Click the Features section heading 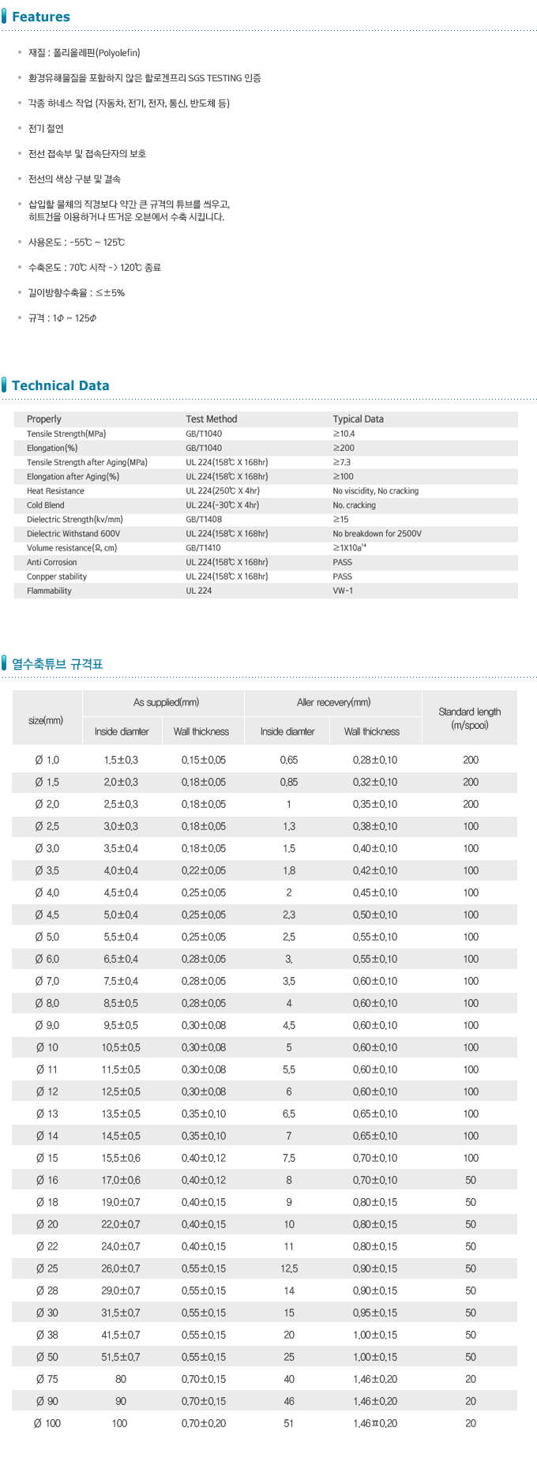point(40,17)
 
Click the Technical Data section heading point(60,385)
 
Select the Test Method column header point(211,419)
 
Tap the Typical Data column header point(358,419)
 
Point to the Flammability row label point(49,591)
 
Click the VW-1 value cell point(343,591)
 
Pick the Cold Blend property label point(46,505)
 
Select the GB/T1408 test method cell point(204,520)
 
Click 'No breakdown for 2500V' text point(377,534)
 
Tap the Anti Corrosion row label point(52,562)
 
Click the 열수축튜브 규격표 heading point(57,664)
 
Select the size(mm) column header point(46,720)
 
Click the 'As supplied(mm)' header point(166,702)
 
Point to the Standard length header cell point(469,718)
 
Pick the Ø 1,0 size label point(47,760)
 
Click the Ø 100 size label point(47,1423)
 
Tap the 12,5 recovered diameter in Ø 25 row point(289,1268)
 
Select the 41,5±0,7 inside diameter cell point(121,1335)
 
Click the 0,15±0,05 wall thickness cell point(203,760)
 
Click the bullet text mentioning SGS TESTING point(145,78)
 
